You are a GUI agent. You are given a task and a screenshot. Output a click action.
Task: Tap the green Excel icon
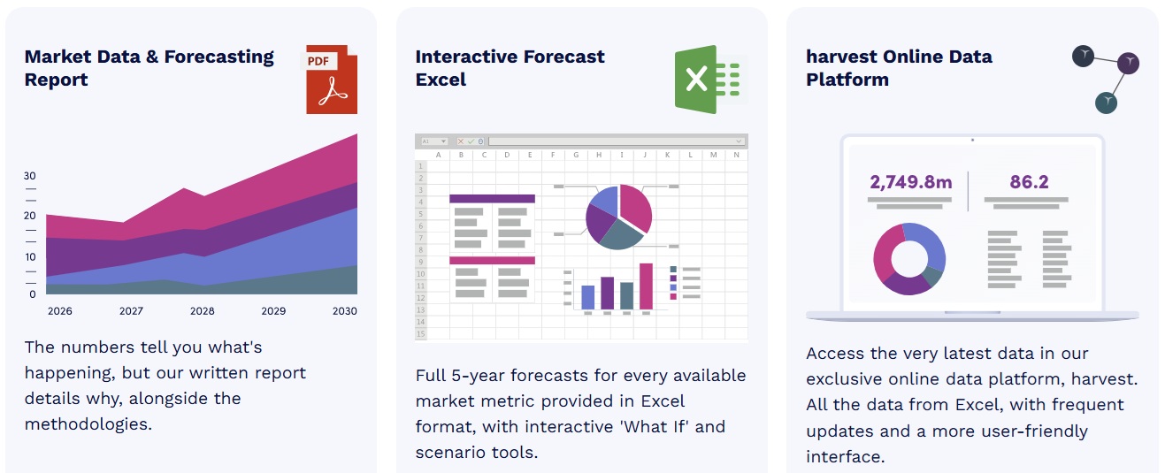[x=710, y=79]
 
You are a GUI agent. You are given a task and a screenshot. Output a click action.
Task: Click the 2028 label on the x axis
[x=203, y=311]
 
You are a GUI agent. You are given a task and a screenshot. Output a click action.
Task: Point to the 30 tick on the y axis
[x=30, y=176]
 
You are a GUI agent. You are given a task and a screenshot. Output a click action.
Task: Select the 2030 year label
[x=345, y=311]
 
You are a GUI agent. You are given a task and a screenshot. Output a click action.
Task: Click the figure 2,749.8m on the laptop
[x=910, y=182]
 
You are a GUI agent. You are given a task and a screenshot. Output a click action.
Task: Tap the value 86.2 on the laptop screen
[x=1029, y=182]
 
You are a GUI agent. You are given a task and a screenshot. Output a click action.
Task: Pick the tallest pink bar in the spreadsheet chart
[x=646, y=286]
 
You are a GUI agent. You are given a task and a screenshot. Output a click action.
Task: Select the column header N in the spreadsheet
[x=737, y=155]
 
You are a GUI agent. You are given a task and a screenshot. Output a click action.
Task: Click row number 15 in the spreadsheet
[x=421, y=333]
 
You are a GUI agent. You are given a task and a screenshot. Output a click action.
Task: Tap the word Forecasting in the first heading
[x=219, y=57]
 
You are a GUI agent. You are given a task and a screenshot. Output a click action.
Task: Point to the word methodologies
[x=88, y=424]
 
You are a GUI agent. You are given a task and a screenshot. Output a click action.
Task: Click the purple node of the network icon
[x=1129, y=64]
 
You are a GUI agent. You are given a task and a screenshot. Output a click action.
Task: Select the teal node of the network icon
[x=1106, y=103]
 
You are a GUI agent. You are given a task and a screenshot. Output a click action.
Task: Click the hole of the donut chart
[x=909, y=259]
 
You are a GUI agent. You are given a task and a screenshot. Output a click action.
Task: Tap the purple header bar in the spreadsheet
[x=492, y=199]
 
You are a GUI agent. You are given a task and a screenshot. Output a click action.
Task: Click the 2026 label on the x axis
[x=60, y=311]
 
